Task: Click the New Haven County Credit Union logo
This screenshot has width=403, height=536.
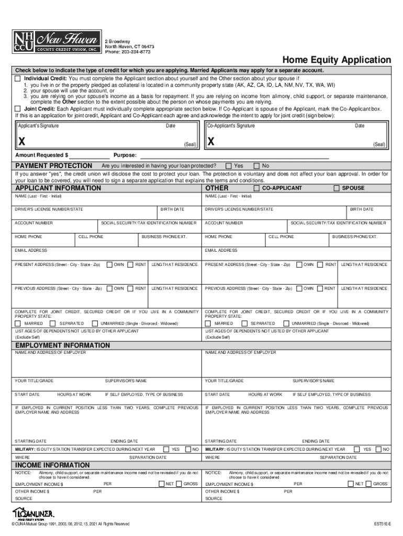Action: tap(55, 41)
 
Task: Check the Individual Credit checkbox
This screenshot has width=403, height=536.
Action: tap(18, 78)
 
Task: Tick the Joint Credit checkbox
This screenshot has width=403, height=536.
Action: tap(18, 108)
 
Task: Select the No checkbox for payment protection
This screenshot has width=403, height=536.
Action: tap(256, 166)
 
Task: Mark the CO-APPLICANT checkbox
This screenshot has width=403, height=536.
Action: tap(256, 188)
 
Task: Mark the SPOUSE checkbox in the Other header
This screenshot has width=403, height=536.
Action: tap(337, 188)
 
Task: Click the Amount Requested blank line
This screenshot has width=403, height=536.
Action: tap(89, 155)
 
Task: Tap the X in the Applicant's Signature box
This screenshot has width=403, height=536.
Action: tap(21, 142)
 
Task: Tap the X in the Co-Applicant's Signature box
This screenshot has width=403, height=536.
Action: tap(210, 142)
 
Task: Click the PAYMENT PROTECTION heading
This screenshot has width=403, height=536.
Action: tap(54, 166)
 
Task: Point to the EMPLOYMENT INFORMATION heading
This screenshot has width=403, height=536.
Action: tap(62, 345)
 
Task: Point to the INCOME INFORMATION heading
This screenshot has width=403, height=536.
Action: tap(52, 465)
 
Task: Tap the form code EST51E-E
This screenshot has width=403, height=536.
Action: tap(381, 524)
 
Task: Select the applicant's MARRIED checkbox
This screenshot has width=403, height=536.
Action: tap(18, 323)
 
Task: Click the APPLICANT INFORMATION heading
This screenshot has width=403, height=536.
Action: tap(58, 188)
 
